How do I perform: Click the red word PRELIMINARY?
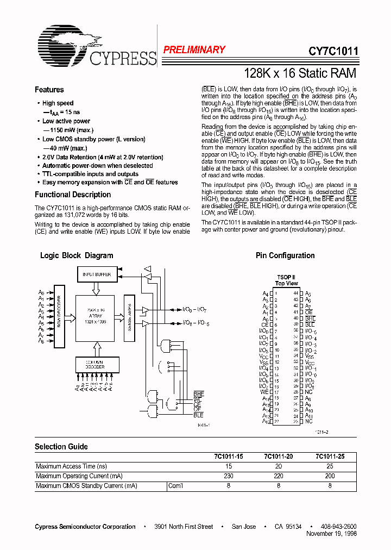click(x=194, y=50)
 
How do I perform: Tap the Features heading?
click(x=49, y=90)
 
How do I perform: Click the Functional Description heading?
click(x=73, y=195)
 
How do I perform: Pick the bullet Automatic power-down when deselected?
click(x=97, y=166)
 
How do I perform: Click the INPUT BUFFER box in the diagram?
click(x=97, y=275)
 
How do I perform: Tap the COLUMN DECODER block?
click(x=96, y=364)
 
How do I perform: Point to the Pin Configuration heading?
click(x=285, y=255)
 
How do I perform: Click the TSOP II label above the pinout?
click(x=286, y=277)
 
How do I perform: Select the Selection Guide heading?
click(x=61, y=447)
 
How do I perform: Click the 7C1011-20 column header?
click(x=278, y=457)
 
